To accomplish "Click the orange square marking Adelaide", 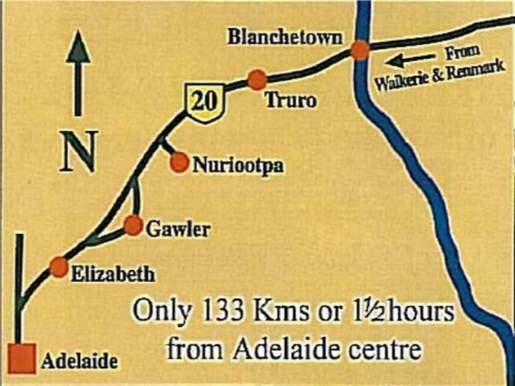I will [x=23, y=358].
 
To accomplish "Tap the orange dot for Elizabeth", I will [x=59, y=266].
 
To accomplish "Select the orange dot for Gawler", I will [x=133, y=225].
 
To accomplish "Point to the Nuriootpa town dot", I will [x=180, y=163].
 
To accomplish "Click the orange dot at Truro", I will [x=257, y=79].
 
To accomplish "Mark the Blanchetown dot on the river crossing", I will [x=360, y=50].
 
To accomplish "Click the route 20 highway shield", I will [x=204, y=101].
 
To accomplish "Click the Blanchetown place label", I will [x=285, y=37].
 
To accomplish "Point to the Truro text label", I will [x=290, y=101].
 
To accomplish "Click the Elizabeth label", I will [x=113, y=275].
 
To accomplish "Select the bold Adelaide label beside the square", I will [x=79, y=361].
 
